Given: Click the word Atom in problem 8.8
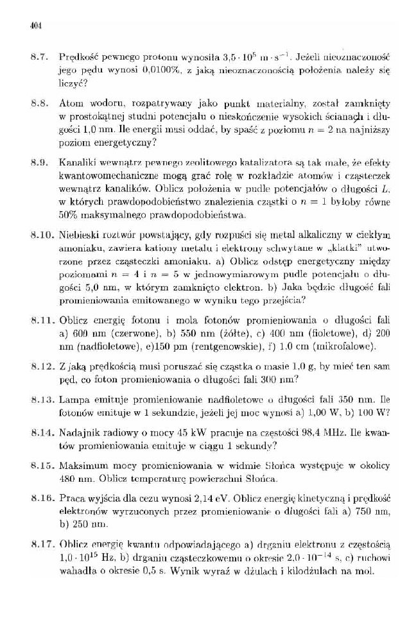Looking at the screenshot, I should [69, 102].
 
